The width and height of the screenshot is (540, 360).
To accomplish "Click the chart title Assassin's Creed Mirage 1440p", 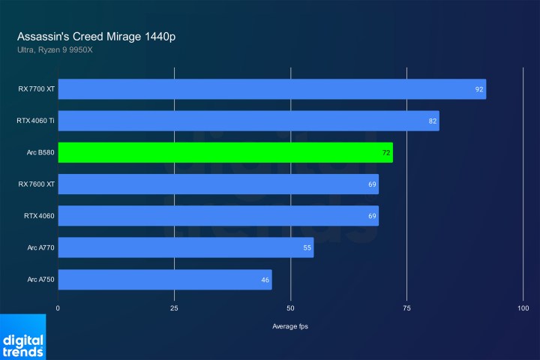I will tap(97, 36).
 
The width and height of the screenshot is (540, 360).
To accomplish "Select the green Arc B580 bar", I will tap(225, 152).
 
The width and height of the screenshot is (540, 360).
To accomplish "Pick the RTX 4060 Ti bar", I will tap(248, 121).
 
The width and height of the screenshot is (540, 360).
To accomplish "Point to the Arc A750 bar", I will tap(164, 280).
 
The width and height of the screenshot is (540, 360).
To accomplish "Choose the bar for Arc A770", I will tap(185, 247).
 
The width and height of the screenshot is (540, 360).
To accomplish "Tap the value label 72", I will tap(385, 153).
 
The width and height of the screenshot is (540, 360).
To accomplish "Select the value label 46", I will tap(265, 280).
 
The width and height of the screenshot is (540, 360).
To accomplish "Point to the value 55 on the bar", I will tap(307, 248).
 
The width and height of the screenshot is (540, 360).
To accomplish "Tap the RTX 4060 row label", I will tap(39, 216).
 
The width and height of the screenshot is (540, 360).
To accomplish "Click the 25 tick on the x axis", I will tap(174, 308).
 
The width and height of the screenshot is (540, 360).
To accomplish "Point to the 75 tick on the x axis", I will tap(406, 308).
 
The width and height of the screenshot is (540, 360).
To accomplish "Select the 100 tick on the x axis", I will tap(523, 308).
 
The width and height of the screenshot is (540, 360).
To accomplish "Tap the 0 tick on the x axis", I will tap(58, 308).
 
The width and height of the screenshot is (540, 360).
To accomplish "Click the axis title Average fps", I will tap(290, 326).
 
